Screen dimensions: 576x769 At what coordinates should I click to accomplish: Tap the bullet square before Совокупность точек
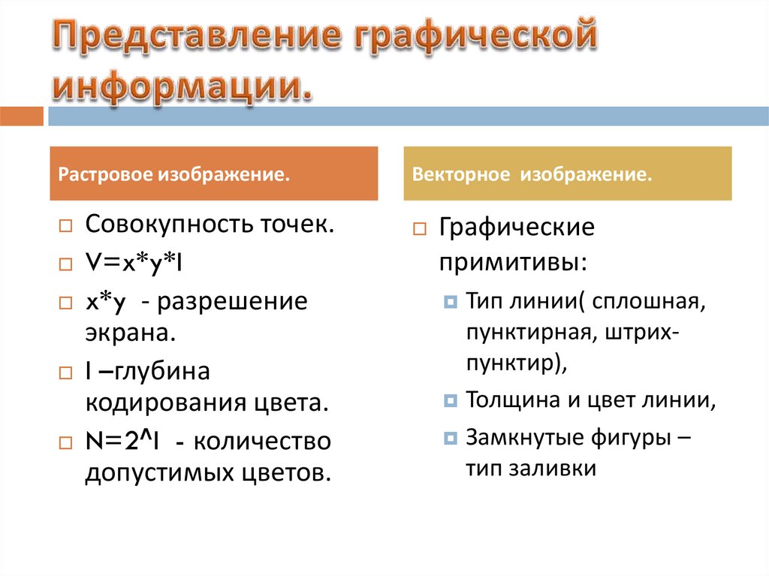(x=66, y=226)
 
